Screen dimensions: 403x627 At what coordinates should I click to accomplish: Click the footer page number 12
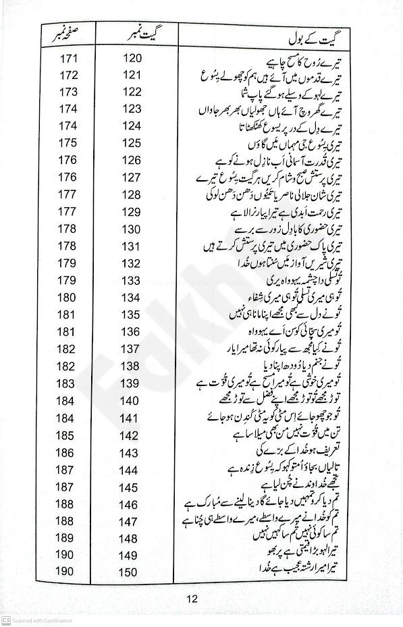(x=192, y=598)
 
